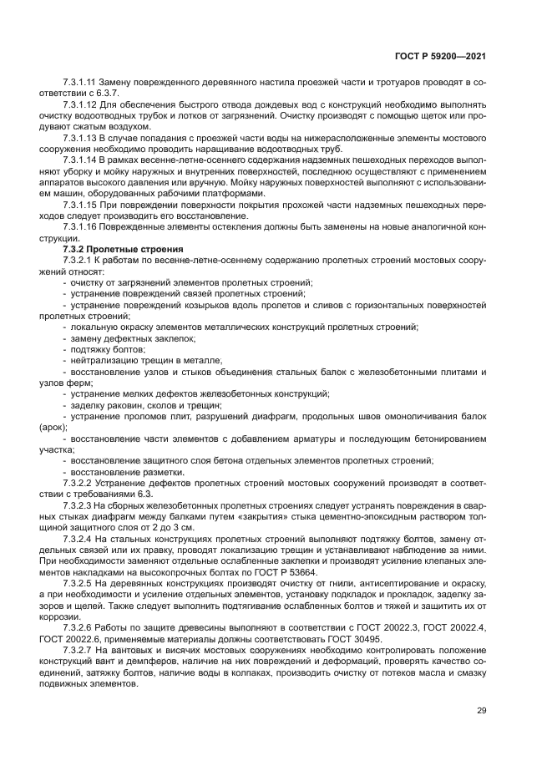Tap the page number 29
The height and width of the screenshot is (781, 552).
click(481, 710)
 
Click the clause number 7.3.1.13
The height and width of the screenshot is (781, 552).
click(79, 135)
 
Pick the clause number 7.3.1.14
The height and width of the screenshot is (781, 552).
click(79, 158)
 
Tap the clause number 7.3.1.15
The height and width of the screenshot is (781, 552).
click(79, 204)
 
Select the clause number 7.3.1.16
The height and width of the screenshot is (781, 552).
click(79, 226)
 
